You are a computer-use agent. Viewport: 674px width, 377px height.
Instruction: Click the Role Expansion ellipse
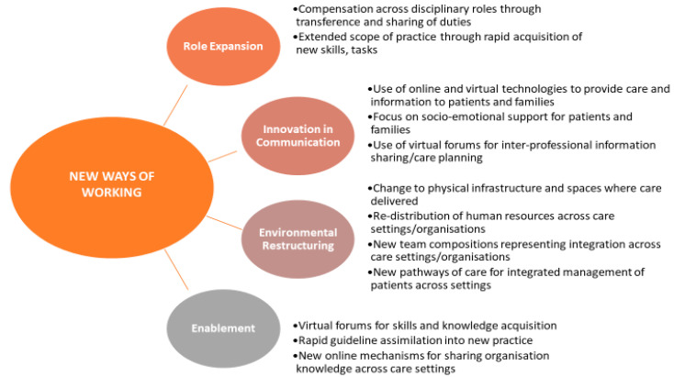[x=223, y=47]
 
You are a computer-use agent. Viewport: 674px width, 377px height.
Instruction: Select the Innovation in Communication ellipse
[x=298, y=136]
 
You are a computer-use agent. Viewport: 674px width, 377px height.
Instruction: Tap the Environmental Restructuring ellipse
[x=298, y=239]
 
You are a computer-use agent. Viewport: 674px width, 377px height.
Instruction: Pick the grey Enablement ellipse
[x=223, y=328]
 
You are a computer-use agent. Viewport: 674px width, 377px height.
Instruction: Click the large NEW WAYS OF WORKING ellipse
[x=112, y=188]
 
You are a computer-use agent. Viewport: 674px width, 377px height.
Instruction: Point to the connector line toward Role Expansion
[x=175, y=105]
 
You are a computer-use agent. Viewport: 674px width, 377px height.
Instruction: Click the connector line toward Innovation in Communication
[x=222, y=156]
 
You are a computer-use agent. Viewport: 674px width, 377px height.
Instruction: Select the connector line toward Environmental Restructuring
[x=224, y=222]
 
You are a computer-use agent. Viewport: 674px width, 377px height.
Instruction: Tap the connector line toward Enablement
[x=176, y=270]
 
